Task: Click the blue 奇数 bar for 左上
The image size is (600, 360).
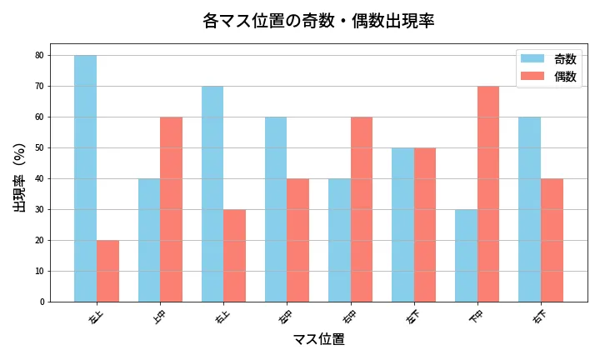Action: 85,178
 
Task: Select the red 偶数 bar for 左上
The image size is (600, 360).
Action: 107,271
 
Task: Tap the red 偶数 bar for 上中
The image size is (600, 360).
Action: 171,209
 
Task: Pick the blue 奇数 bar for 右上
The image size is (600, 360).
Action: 212,193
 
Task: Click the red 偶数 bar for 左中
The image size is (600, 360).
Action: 297,240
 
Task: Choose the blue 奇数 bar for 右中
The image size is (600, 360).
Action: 339,240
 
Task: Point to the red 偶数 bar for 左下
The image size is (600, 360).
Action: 425,225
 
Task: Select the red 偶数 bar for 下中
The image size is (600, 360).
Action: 488,193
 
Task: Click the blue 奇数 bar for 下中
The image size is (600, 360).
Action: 466,255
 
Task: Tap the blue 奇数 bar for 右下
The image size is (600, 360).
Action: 529,209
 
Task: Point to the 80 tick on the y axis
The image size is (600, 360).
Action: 41,56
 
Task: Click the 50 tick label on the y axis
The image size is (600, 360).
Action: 41,148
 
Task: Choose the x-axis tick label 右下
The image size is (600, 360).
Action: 540,317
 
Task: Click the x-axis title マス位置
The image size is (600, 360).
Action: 318,339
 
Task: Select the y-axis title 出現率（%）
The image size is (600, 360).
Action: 20,177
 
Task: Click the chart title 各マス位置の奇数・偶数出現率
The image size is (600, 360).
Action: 318,21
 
